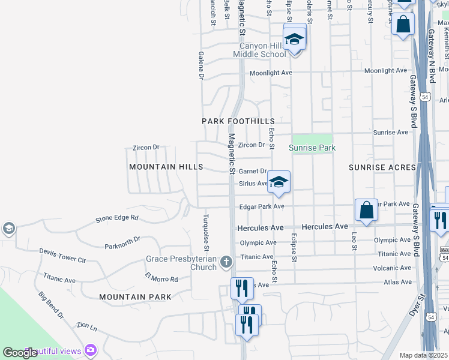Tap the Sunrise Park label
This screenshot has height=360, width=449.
pos(312,148)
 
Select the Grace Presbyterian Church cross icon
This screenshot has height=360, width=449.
pos(226,262)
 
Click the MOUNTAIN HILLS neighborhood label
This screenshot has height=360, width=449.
pos(166,167)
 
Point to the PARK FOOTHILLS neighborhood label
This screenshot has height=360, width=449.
pos(238,121)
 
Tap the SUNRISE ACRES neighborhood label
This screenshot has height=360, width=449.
pos(382,167)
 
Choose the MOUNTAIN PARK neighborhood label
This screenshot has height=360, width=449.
pos(135,297)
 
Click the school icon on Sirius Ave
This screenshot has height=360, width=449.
pos(279,182)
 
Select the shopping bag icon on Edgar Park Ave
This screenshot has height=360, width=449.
pos(366,211)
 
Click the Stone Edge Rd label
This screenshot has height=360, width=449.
pos(117,218)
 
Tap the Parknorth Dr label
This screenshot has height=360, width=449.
pos(122,242)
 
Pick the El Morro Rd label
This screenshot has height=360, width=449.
pos(161,278)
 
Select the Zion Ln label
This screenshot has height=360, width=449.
pos(86,327)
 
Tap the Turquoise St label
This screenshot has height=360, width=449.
pos(206,232)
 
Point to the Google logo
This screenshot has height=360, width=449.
pos(20,353)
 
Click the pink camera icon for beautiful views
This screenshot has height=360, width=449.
pos(91,349)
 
